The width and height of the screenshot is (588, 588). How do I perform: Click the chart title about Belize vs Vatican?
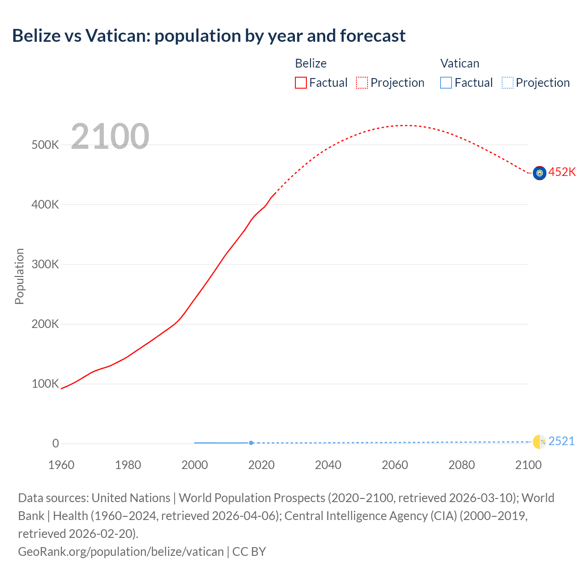(209, 36)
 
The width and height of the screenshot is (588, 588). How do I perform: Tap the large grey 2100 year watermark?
(110, 136)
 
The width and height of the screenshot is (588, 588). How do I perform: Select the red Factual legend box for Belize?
(300, 83)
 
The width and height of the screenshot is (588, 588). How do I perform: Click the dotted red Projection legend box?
(362, 83)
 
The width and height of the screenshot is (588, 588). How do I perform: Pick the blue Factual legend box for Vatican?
(446, 83)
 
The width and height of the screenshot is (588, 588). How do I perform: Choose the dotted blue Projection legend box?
(508, 83)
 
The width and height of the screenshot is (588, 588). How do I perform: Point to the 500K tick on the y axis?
(45, 145)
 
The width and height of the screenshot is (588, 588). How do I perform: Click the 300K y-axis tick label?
(45, 264)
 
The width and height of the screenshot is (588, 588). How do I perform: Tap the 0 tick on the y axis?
(56, 443)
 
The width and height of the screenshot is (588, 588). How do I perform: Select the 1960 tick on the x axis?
(61, 465)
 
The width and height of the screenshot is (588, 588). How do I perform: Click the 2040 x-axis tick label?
(328, 465)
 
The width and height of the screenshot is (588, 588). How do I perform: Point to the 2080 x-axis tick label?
(461, 465)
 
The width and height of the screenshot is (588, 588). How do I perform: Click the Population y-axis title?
(19, 276)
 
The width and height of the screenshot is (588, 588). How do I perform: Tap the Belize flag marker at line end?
(539, 173)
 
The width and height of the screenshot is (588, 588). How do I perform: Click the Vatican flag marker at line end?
(539, 442)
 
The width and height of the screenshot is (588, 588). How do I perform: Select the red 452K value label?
(562, 172)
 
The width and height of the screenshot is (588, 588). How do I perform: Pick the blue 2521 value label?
(561, 441)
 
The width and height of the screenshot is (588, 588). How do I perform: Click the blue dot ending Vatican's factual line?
(251, 443)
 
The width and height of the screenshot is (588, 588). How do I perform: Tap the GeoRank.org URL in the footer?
(121, 551)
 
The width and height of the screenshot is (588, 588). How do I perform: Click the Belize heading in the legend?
(311, 63)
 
